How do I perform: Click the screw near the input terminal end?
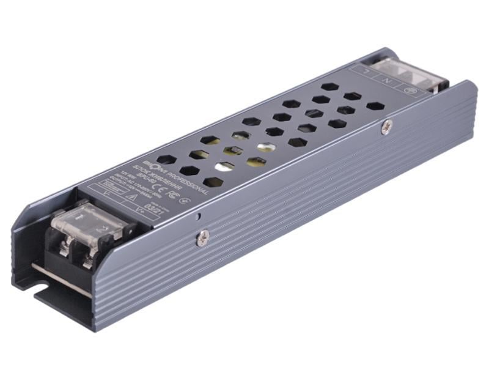(x=386, y=127)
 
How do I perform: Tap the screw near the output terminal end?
(x=203, y=237)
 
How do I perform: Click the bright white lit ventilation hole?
(x=264, y=147)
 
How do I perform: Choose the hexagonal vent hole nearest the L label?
(x=330, y=86)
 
